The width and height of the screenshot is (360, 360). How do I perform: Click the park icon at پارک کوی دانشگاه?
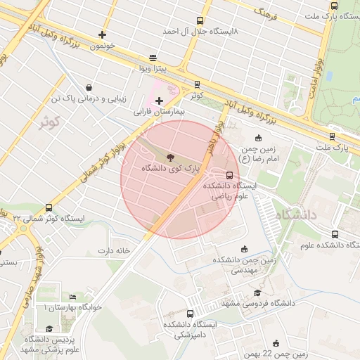(172, 156)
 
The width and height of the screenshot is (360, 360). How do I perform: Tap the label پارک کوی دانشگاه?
(171, 169)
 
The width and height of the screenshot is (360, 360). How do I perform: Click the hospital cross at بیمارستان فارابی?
(159, 101)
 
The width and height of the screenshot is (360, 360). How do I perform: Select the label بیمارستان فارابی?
(159, 112)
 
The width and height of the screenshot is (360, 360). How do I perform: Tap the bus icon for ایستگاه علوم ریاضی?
(229, 175)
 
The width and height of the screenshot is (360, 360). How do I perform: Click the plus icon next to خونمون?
(103, 34)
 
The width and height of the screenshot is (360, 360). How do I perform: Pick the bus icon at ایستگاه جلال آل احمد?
(200, 21)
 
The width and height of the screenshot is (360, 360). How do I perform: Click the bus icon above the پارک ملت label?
(332, 136)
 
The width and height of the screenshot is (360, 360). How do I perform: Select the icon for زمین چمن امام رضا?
(258, 138)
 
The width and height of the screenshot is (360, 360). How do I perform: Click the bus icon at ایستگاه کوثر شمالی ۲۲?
(49, 207)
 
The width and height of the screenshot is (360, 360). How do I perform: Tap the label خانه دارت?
(115, 250)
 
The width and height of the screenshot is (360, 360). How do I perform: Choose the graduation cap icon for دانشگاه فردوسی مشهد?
(257, 293)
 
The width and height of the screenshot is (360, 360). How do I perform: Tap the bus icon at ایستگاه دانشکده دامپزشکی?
(190, 314)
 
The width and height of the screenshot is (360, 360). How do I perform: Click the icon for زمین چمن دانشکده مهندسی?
(244, 248)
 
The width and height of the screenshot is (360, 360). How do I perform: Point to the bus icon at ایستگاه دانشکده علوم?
(334, 234)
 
